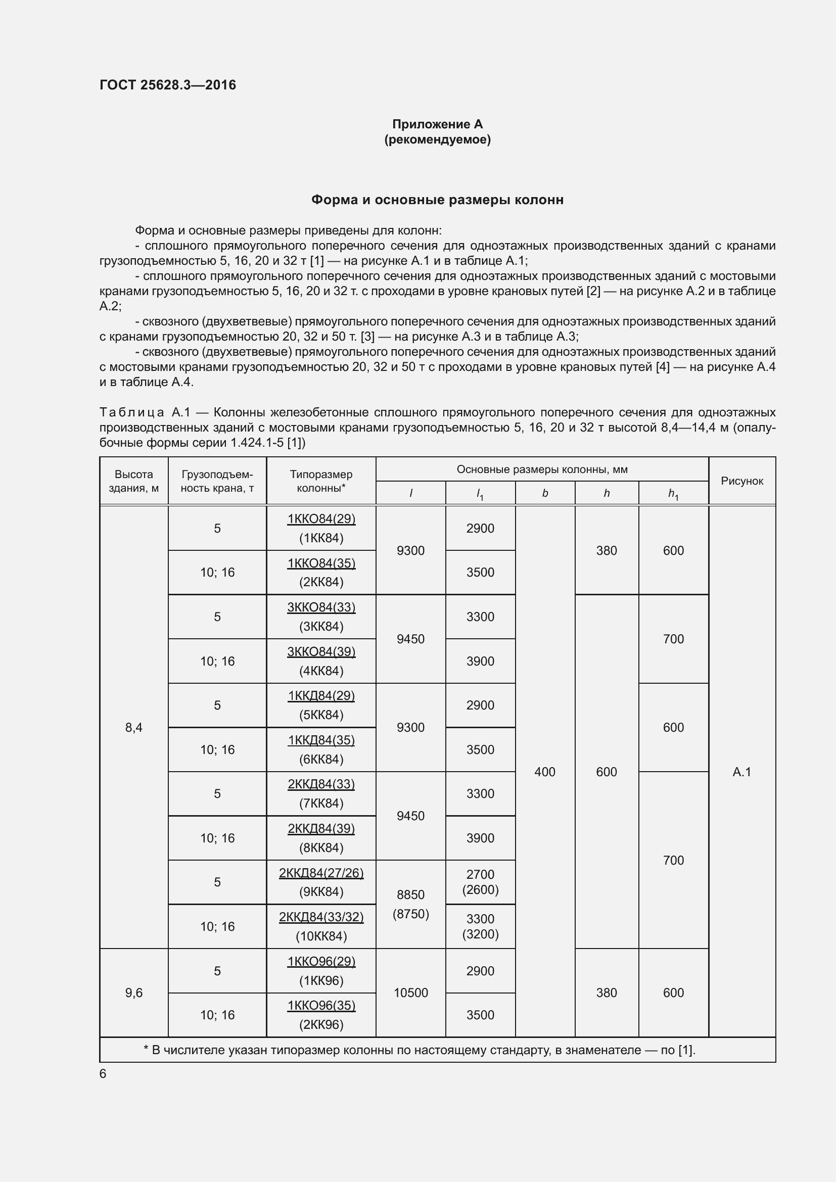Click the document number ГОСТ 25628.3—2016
(x=168, y=85)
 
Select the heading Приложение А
(x=437, y=124)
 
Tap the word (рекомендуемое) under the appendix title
(x=437, y=139)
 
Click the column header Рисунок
(x=741, y=481)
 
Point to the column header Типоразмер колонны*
(x=321, y=481)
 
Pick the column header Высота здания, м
(x=134, y=481)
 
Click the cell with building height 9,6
(x=134, y=992)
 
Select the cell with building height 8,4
(x=134, y=727)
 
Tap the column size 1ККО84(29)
(x=321, y=519)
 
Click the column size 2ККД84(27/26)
(x=321, y=873)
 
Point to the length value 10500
(x=410, y=992)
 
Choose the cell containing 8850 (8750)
(x=410, y=904)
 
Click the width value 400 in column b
(x=545, y=772)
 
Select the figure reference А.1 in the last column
(x=741, y=772)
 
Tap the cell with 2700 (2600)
(x=480, y=882)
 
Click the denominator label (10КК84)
(x=321, y=936)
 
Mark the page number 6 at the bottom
(x=103, y=1073)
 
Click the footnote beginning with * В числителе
(x=420, y=1050)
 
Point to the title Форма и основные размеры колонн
(x=437, y=200)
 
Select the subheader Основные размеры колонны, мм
(x=541, y=469)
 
